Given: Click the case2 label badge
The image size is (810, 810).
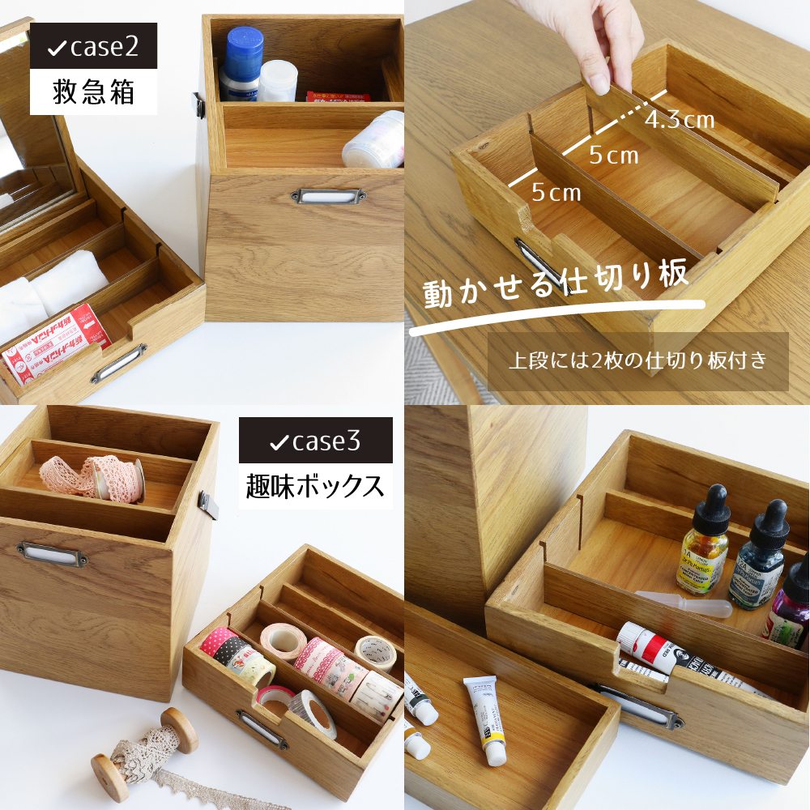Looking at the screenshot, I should point(93,48).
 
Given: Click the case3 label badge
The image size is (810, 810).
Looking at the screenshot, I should point(315,441).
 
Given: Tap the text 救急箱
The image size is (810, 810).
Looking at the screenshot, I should point(93,92).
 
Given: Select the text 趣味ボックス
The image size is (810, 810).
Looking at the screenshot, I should point(315,486).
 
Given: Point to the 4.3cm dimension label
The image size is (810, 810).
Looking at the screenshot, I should point(680,121).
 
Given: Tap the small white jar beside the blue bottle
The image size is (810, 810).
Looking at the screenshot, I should point(279,79).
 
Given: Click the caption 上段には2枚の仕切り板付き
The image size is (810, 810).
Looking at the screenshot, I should point(637,361).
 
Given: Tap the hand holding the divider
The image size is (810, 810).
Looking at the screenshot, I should point(603,40).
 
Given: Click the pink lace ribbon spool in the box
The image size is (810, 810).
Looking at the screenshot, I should point(93,478).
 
